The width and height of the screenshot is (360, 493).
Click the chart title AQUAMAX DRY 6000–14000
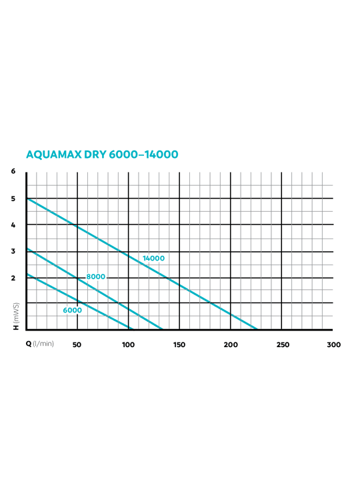[102, 155]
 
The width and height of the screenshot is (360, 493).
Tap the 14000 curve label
[153, 258]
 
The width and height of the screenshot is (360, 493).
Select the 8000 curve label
[95, 276]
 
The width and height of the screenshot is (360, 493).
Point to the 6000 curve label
[73, 310]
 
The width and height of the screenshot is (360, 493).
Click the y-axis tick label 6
[13, 171]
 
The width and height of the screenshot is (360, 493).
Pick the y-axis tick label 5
[13, 199]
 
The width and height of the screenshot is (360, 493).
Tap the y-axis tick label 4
[13, 225]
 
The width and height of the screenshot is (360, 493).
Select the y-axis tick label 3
[13, 251]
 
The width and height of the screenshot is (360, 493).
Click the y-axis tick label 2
[13, 278]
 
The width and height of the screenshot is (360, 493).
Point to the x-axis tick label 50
[77, 345]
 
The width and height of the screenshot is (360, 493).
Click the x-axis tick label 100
[129, 345]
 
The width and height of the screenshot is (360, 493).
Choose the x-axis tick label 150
[179, 345]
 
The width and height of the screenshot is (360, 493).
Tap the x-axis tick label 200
[231, 345]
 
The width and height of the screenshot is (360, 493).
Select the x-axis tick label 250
[283, 345]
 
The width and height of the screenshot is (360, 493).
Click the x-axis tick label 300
[334, 345]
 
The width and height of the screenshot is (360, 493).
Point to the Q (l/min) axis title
[39, 344]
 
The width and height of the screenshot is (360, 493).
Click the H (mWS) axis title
[16, 316]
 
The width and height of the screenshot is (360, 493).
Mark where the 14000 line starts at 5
[27, 199]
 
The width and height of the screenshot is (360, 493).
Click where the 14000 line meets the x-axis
[257, 330]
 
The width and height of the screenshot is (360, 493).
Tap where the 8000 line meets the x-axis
[163, 330]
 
